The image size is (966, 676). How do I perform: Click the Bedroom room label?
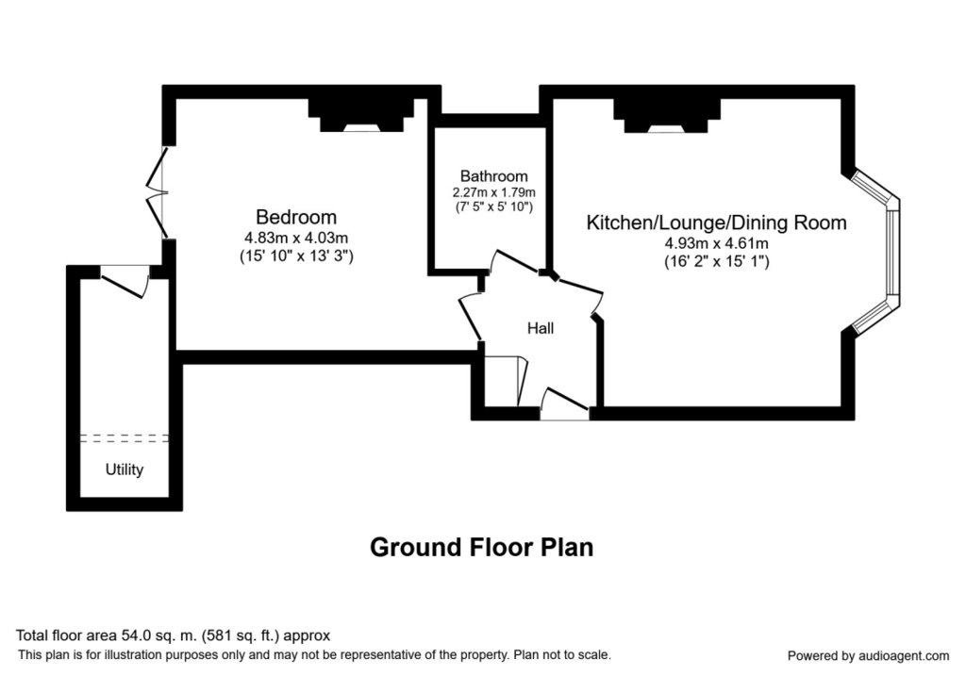pyautogui.click(x=296, y=218)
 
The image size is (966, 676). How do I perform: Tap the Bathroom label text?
pyautogui.click(x=493, y=176)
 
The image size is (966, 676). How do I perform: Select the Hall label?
pyautogui.click(x=541, y=328)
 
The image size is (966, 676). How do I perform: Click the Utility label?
pyautogui.click(x=125, y=470)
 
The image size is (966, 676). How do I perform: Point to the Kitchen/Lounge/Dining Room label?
pyautogui.click(x=717, y=223)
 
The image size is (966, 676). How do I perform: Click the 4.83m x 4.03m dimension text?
pyautogui.click(x=296, y=238)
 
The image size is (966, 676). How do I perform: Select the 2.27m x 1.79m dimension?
pyautogui.click(x=493, y=192)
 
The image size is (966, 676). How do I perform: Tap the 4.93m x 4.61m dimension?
pyautogui.click(x=717, y=243)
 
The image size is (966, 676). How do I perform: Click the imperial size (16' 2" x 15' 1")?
pyautogui.click(x=717, y=262)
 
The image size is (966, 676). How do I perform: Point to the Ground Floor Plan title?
pyautogui.click(x=482, y=547)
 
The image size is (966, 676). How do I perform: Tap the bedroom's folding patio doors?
pyautogui.click(x=158, y=192)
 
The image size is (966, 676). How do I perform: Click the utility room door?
pyautogui.click(x=125, y=281)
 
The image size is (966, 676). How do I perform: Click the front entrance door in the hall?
pyautogui.click(x=565, y=404)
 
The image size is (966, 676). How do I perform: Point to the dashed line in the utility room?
pyautogui.click(x=125, y=438)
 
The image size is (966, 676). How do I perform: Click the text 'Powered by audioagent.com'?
pyautogui.click(x=868, y=655)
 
